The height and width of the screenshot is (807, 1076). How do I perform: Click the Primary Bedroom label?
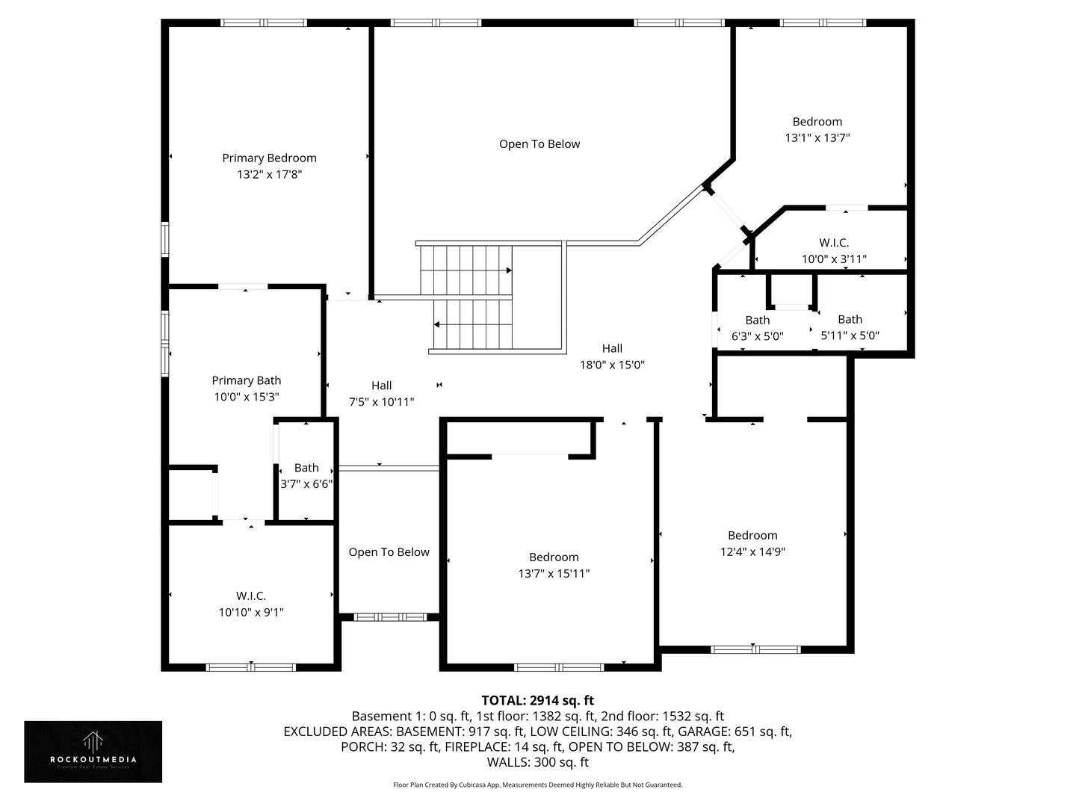[269, 158]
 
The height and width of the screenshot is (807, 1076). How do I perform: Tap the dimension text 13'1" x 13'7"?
[817, 138]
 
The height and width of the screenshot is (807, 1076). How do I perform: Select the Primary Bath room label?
[246, 380]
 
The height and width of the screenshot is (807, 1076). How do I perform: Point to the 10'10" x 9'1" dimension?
[251, 613]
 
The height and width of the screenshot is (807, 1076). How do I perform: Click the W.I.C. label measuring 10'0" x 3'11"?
[834, 243]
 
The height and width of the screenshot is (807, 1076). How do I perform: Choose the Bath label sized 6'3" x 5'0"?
[757, 320]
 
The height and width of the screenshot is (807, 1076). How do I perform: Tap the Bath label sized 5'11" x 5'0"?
[850, 319]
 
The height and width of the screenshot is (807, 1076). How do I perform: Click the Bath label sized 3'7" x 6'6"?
[306, 468]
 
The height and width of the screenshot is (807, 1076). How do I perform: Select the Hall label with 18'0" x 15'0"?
[612, 348]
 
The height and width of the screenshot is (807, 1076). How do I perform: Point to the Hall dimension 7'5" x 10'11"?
[381, 402]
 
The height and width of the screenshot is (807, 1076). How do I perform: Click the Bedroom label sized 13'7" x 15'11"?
[554, 557]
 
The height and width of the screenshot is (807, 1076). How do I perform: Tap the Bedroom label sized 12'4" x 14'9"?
[752, 535]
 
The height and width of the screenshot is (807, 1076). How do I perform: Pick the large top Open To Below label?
[539, 144]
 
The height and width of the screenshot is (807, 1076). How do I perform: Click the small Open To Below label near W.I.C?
[389, 552]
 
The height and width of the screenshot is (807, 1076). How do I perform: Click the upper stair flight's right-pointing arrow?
[509, 270]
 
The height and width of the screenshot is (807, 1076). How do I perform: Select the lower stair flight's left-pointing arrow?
[436, 324]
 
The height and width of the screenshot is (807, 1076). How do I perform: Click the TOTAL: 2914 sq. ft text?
[537, 700]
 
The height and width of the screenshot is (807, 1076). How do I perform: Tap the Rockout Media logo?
[93, 751]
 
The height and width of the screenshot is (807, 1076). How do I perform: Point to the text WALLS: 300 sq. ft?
[537, 762]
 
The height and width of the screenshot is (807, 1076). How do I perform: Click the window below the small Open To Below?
[389, 617]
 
